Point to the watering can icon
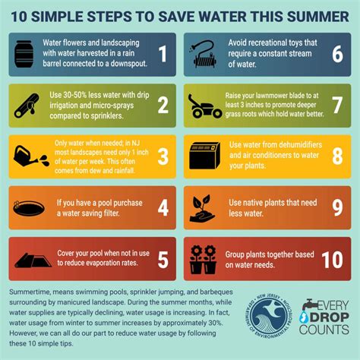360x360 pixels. click(28, 155)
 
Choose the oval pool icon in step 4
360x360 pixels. click(28, 206)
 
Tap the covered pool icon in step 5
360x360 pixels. click(28, 257)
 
